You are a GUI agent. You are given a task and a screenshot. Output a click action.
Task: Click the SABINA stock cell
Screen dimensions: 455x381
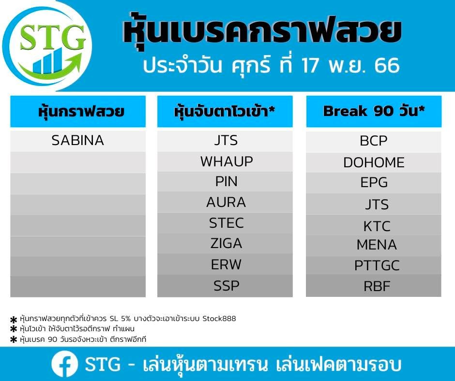78,140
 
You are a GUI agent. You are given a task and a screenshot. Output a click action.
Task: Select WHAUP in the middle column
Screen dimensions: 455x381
227,161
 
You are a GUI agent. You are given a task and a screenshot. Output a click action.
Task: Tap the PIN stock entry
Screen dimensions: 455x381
227,181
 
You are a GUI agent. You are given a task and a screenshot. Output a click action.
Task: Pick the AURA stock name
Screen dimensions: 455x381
226,202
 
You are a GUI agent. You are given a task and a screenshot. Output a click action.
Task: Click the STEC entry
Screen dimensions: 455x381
227,223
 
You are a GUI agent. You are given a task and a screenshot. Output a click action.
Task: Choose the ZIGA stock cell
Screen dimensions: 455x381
227,243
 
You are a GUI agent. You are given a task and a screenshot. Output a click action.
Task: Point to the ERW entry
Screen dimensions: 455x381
226,264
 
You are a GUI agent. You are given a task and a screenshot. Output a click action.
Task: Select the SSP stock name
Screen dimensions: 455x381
227,286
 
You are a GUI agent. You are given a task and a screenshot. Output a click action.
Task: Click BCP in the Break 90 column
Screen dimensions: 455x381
374,141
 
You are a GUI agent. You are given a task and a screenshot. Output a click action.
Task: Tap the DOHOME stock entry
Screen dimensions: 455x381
374,162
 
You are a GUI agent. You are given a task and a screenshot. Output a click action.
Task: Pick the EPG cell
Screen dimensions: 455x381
374,183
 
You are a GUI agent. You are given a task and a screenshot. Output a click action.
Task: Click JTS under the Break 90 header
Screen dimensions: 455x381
377,205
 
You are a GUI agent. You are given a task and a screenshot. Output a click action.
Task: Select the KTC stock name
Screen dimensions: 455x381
377,226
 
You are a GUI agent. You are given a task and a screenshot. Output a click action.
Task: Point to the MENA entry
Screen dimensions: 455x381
377,245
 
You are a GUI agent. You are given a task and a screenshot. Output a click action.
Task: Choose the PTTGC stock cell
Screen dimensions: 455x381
377,265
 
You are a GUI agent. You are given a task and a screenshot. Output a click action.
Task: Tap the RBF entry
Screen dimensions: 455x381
377,286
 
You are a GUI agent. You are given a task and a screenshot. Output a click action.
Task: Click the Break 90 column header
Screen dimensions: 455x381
374,111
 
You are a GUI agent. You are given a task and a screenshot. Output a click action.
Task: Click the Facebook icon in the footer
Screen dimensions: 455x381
64,364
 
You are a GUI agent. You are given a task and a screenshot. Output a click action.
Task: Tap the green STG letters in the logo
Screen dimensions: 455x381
53,37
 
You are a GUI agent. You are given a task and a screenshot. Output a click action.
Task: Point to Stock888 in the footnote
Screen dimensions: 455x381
219,319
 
